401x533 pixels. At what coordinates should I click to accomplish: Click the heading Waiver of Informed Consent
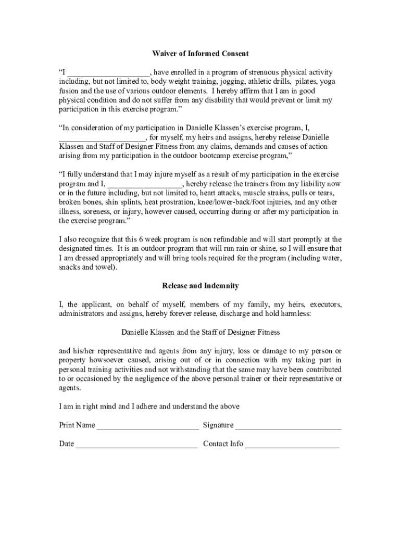[x=200, y=54]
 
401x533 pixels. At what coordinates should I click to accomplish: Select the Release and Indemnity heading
[x=200, y=286]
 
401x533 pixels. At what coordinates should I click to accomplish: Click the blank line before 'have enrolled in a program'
[x=108, y=73]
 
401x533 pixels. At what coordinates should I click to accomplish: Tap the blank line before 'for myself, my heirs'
[x=102, y=138]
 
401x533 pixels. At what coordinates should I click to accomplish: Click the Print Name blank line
[x=147, y=426]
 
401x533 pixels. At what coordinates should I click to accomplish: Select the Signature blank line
[x=288, y=426]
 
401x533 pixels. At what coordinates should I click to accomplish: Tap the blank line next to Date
[x=136, y=445]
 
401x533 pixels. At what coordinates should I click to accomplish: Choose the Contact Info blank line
[x=292, y=445]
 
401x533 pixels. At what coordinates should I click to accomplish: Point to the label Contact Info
[x=223, y=444]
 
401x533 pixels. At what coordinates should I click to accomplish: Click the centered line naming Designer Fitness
[x=200, y=332]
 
